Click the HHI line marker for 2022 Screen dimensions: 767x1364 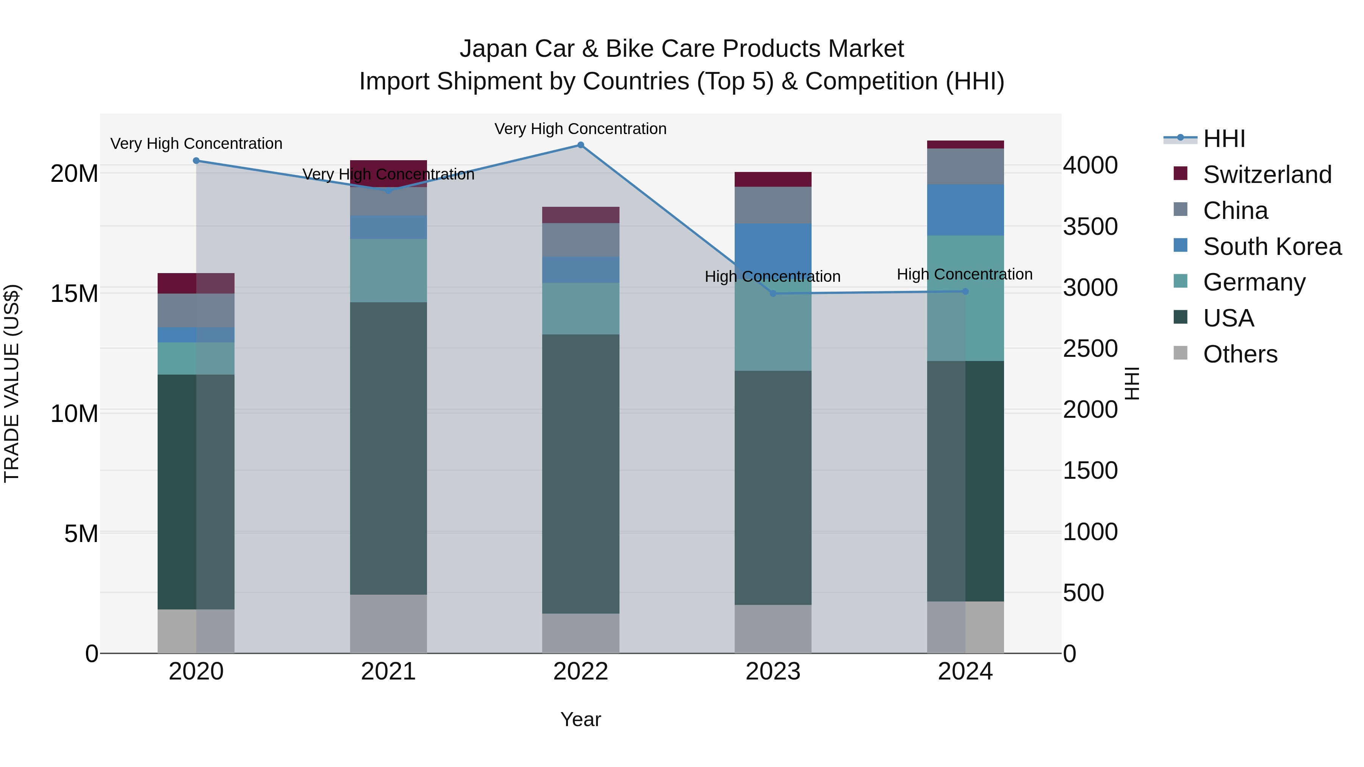[x=580, y=145]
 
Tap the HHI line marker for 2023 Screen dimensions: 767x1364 [x=773, y=293]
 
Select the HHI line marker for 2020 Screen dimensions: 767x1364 [x=196, y=160]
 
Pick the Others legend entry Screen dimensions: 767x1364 [x=1240, y=354]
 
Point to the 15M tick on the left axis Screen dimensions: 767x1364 [x=74, y=293]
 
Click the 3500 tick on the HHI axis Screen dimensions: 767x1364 [x=1090, y=227]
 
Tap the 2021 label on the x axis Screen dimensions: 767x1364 [x=388, y=672]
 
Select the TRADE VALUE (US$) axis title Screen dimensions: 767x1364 [x=12, y=383]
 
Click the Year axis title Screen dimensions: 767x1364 [x=580, y=719]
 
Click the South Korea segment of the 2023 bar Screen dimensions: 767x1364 [x=773, y=249]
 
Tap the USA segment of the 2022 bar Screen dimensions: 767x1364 [x=580, y=474]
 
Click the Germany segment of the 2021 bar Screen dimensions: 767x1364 [x=388, y=270]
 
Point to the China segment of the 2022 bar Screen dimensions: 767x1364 [x=580, y=240]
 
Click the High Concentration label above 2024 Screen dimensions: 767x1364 [x=964, y=274]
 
